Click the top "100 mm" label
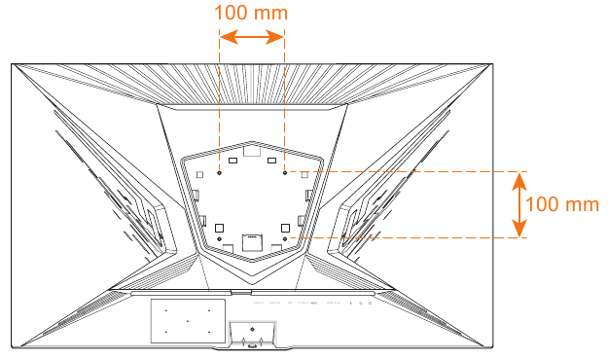(x=251, y=15)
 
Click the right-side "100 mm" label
(x=560, y=204)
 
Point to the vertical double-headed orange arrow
(x=520, y=204)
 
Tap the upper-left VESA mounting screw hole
(x=220, y=173)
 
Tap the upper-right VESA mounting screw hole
(x=284, y=173)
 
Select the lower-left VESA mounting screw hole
(x=220, y=237)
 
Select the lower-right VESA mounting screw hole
(x=284, y=237)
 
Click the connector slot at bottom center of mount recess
(x=252, y=237)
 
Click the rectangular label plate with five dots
(x=185, y=319)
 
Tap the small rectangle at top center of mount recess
(x=252, y=150)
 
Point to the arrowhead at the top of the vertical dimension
(x=520, y=178)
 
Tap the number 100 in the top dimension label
(x=235, y=15)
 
